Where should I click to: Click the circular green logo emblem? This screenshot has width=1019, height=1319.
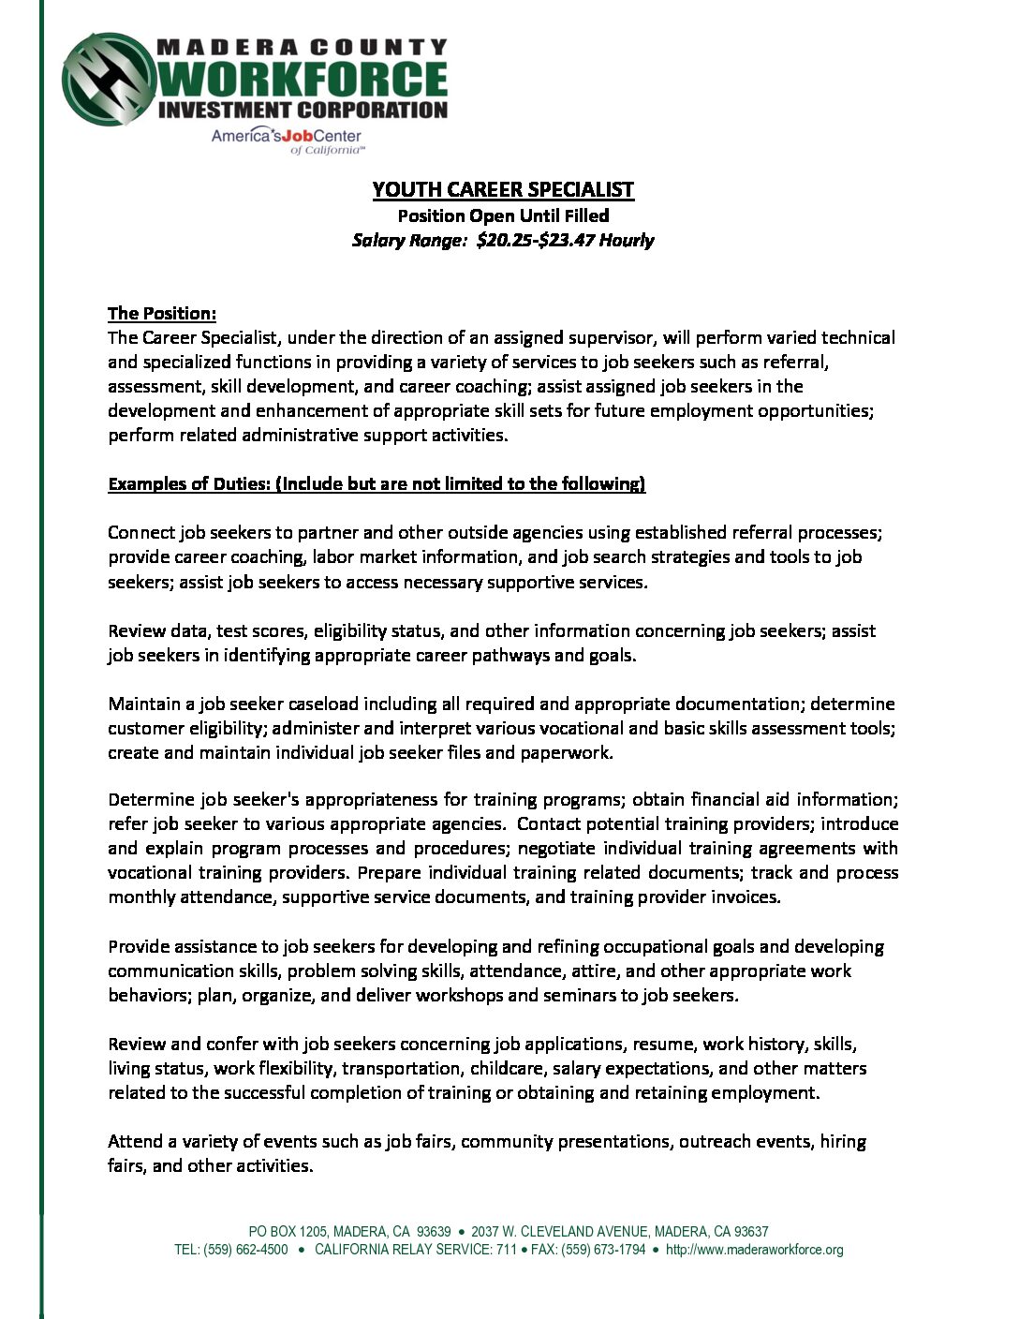click(x=109, y=80)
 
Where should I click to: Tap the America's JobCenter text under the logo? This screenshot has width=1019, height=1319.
click(x=286, y=137)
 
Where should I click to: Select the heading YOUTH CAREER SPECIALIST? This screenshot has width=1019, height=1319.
click(x=503, y=189)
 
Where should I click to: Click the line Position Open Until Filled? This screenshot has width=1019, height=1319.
click(x=503, y=215)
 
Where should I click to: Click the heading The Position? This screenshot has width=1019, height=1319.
click(x=162, y=313)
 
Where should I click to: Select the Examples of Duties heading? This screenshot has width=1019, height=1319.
click(x=377, y=483)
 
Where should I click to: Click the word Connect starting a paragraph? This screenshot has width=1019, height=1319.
click(x=140, y=532)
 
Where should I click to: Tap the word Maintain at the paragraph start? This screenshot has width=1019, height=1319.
click(x=143, y=704)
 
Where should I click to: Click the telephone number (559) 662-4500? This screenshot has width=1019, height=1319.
click(x=245, y=1250)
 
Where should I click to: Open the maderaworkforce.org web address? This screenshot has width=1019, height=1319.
click(x=754, y=1250)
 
